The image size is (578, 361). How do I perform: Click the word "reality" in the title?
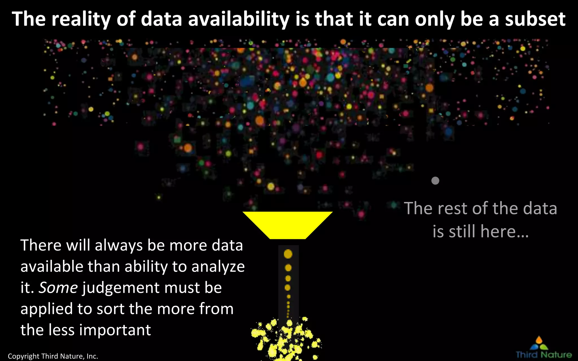[x=81, y=19]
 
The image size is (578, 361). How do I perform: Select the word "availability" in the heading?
[x=239, y=19]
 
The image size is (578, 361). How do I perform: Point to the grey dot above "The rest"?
[x=435, y=181]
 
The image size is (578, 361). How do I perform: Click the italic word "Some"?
[x=58, y=288]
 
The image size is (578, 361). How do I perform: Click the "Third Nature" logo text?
[x=544, y=355]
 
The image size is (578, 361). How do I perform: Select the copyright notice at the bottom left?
[x=53, y=356]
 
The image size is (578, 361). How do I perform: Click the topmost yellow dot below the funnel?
[x=288, y=254]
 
